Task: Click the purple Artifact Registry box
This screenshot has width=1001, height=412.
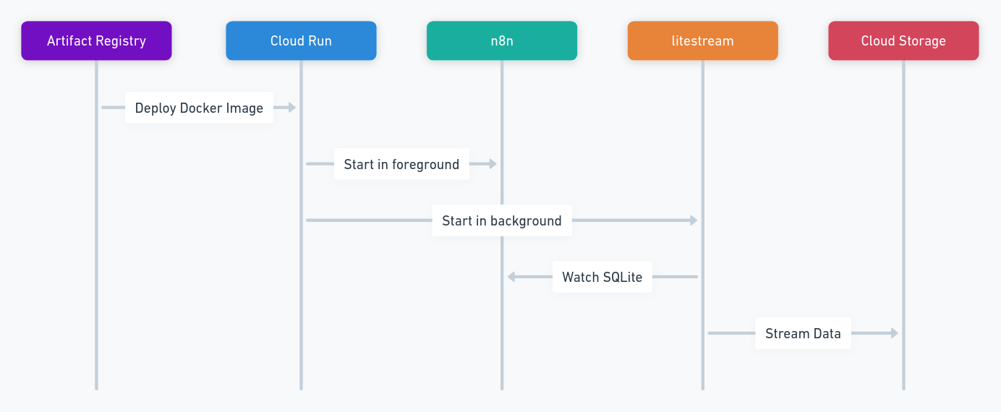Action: (96, 40)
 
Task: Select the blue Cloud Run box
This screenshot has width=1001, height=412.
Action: (301, 40)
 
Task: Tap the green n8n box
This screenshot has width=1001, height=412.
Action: (502, 40)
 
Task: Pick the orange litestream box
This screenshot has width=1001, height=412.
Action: (703, 40)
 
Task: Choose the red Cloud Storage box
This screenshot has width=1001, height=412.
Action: (903, 40)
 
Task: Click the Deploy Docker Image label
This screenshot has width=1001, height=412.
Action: (199, 108)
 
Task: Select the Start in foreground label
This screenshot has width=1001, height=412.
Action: (401, 164)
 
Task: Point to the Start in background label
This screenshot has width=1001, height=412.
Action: (502, 220)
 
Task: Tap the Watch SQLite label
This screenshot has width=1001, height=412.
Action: (602, 277)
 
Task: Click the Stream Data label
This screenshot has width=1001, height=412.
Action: (803, 333)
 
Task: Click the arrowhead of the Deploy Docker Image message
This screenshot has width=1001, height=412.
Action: (292, 107)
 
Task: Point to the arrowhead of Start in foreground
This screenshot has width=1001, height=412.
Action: (493, 164)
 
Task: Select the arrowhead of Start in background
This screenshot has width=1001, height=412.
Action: (694, 220)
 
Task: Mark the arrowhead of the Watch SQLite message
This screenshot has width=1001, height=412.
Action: (511, 277)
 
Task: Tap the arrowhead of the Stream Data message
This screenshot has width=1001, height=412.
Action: (894, 333)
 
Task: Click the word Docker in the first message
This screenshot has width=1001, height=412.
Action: (200, 108)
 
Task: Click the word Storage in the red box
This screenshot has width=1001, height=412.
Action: (923, 41)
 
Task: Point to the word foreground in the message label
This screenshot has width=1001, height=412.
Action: (425, 165)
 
